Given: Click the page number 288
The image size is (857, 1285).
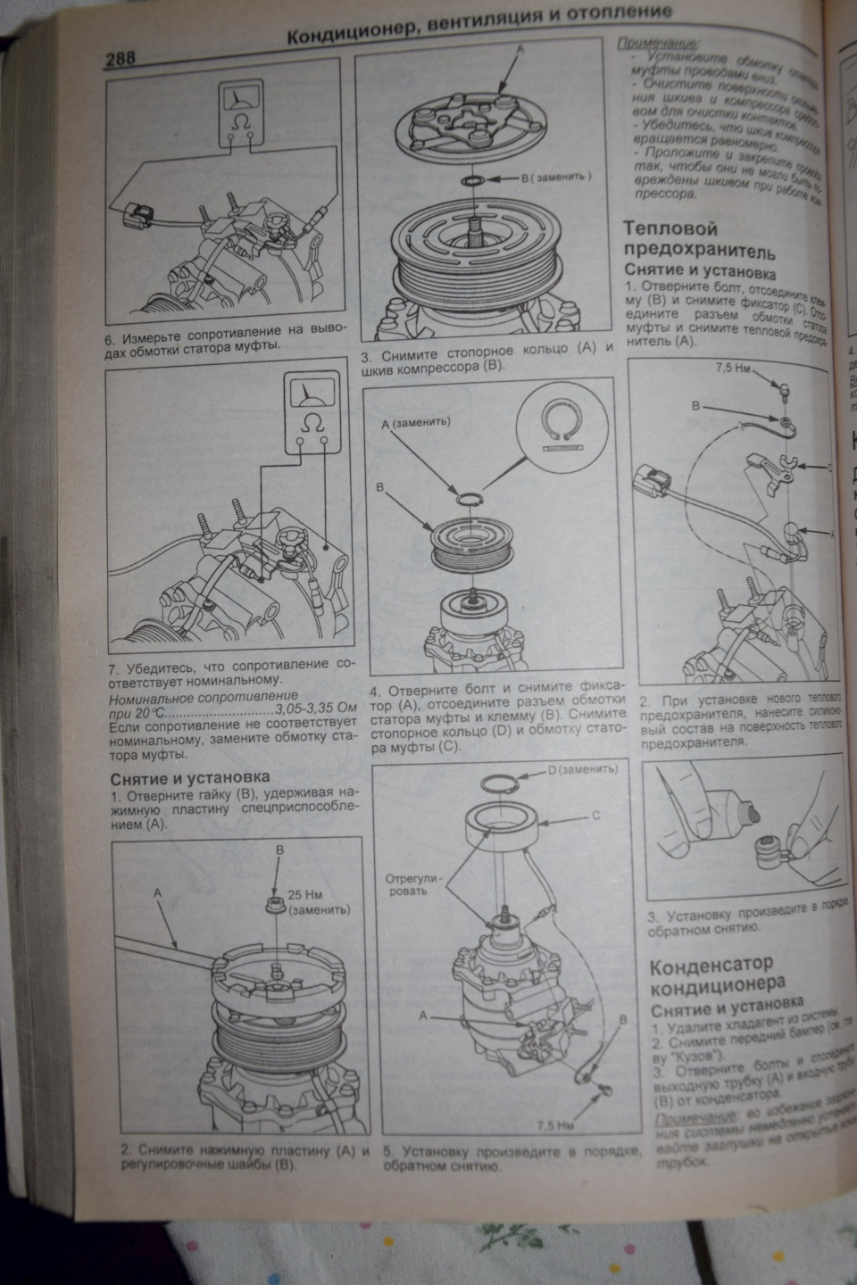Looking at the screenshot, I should pyautogui.click(x=120, y=59).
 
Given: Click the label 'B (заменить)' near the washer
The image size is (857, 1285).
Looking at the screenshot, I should pyautogui.click(x=556, y=177).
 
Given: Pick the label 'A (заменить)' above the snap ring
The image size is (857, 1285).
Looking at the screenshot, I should pyautogui.click(x=416, y=421).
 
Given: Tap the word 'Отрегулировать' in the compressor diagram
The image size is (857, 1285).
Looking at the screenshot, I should pyautogui.click(x=412, y=884).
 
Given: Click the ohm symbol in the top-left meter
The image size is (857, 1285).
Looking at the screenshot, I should pyautogui.click(x=237, y=120).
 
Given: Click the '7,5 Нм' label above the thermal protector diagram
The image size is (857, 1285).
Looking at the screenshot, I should pyautogui.click(x=732, y=368).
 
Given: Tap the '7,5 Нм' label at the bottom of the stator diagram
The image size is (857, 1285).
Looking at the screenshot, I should pyautogui.click(x=555, y=1125).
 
